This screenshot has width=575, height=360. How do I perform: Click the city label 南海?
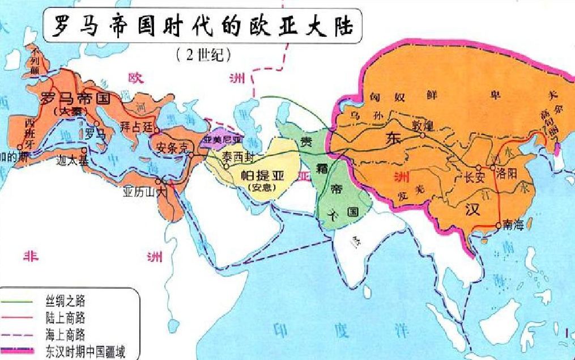pos(512,226)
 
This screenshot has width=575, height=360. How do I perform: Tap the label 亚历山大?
pos(146,191)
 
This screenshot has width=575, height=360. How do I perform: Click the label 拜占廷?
pos(137,126)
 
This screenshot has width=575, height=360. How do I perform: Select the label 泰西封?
pos(237,155)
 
